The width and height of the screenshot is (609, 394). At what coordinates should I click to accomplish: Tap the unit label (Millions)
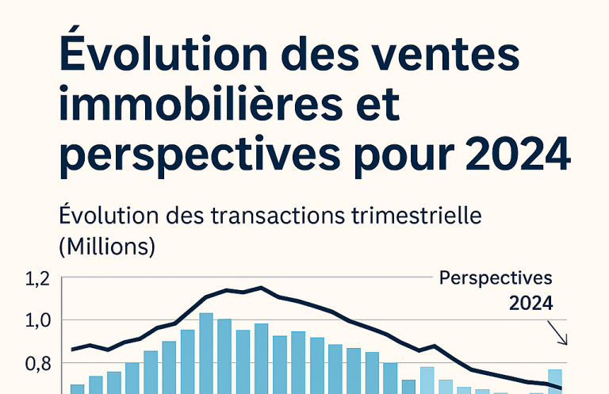(107, 246)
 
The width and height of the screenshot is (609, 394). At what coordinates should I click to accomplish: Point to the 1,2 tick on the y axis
(37, 279)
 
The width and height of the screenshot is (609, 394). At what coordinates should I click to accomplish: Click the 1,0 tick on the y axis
(37, 321)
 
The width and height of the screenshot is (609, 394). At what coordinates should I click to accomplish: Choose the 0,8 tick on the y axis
(37, 364)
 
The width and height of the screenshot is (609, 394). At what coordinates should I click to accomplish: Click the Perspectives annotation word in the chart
(496, 279)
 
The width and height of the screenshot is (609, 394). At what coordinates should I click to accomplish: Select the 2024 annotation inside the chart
(530, 303)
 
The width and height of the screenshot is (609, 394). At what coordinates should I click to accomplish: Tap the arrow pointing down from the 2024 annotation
(561, 335)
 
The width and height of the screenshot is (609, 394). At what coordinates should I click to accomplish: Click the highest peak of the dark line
(260, 288)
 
